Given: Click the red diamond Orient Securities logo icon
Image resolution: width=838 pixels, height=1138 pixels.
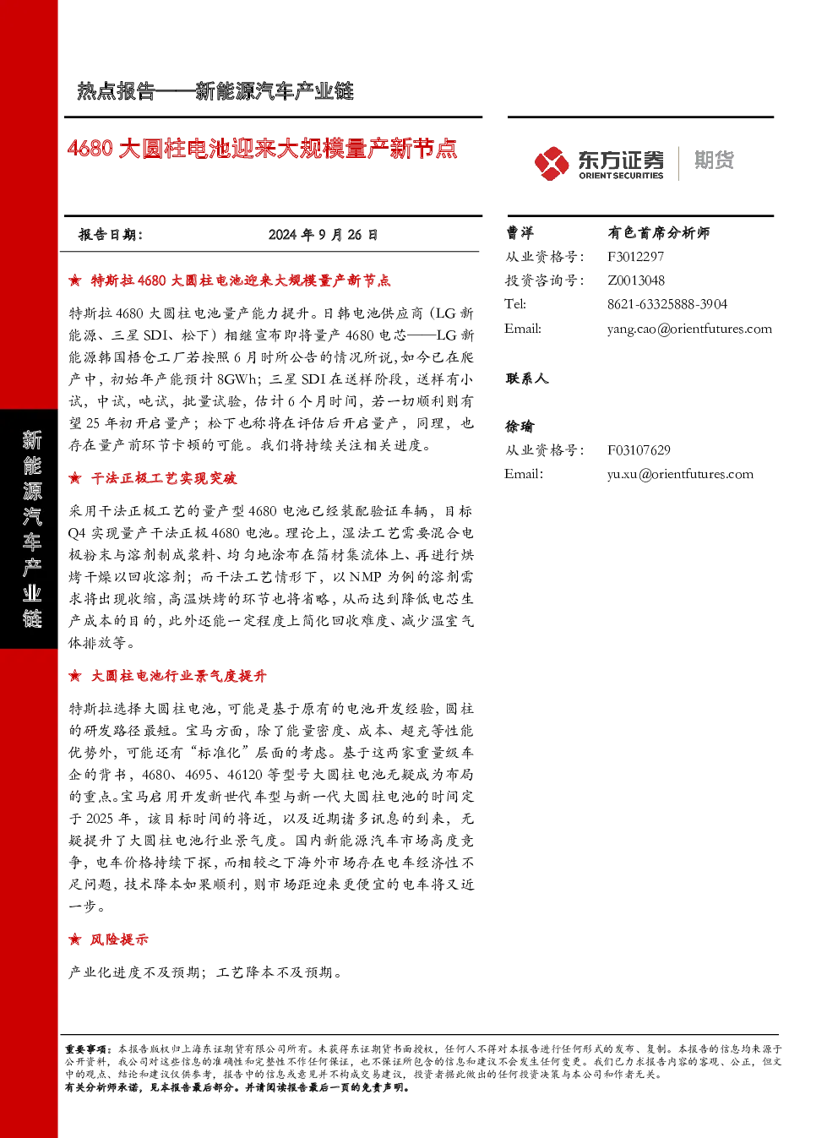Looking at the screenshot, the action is (x=551, y=163).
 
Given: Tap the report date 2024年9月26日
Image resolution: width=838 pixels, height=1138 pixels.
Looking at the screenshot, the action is (x=323, y=235).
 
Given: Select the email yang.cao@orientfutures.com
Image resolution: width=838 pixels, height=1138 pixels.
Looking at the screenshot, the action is (x=689, y=329).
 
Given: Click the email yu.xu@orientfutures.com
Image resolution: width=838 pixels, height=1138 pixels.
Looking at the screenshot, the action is (x=680, y=474).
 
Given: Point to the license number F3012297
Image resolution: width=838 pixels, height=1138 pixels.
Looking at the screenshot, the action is (x=635, y=257).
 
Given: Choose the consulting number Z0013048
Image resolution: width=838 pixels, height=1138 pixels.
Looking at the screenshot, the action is (x=636, y=280).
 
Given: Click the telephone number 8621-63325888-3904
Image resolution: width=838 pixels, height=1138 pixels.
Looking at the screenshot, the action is (x=667, y=304).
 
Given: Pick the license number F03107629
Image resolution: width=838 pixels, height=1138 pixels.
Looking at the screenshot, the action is (x=639, y=450).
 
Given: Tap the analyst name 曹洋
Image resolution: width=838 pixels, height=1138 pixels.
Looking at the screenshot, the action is (x=520, y=232).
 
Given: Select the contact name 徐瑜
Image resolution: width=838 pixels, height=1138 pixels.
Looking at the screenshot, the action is (x=520, y=427).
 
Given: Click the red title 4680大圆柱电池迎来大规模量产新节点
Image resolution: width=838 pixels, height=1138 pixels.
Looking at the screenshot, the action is (x=262, y=149).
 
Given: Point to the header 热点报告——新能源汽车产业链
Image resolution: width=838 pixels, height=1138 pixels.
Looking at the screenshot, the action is (x=215, y=91).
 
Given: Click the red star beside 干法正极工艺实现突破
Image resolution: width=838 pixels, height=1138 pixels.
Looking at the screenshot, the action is (x=74, y=478).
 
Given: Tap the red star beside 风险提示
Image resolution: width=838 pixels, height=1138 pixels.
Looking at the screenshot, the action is (x=74, y=939).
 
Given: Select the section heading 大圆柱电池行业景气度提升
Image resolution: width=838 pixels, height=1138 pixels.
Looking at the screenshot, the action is (x=179, y=676).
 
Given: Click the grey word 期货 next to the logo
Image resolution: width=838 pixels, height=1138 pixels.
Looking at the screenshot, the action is (x=714, y=160).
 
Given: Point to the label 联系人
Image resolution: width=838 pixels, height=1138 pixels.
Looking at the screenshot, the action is (x=527, y=378).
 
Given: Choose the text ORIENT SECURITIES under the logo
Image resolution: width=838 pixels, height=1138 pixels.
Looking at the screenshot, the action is (x=621, y=176).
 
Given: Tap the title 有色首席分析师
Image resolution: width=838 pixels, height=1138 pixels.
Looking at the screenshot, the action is (x=659, y=232).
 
